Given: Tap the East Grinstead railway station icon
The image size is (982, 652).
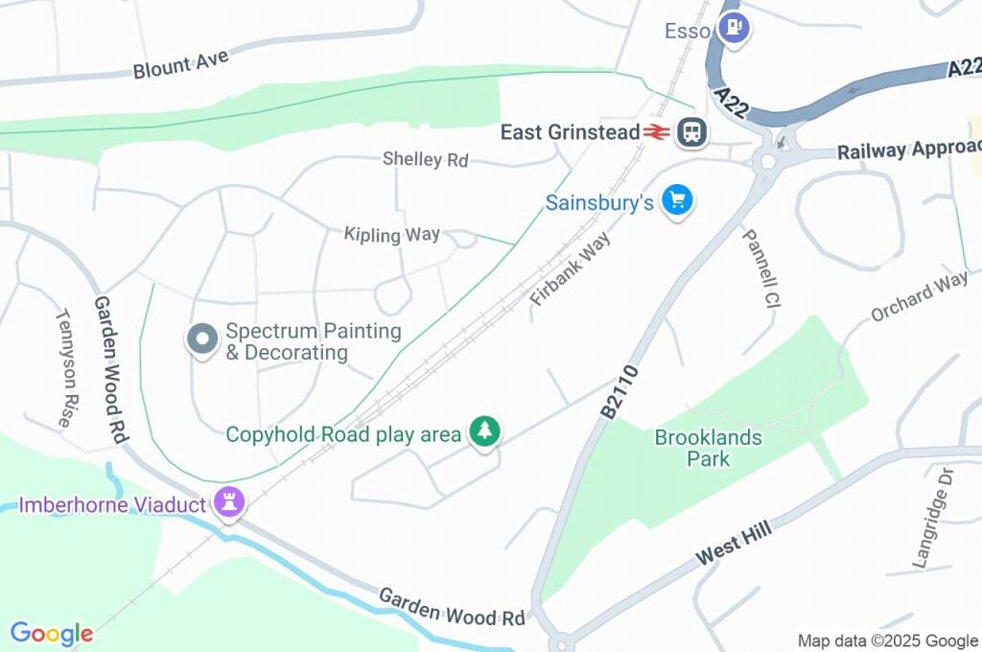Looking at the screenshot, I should (690, 132).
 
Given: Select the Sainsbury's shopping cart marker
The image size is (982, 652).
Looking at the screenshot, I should (678, 200).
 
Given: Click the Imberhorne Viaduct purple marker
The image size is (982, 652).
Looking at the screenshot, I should (230, 501).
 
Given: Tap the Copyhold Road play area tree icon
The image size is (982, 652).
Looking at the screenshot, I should (485, 431).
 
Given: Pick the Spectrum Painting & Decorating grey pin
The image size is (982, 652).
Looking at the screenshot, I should (201, 339).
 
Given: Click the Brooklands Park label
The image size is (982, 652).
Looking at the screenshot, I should (709, 448).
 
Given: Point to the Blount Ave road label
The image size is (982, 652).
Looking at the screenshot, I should (181, 63).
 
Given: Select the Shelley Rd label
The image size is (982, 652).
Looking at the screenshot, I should (425, 159).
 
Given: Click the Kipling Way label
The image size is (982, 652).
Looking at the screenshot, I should (392, 234).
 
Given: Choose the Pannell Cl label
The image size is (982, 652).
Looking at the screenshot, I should (761, 268).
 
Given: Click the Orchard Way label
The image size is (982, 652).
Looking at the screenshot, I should (919, 297).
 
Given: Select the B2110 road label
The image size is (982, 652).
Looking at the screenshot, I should (620, 390).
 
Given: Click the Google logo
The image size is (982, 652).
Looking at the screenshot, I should (52, 633).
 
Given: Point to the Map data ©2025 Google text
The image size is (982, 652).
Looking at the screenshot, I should (887, 640).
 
